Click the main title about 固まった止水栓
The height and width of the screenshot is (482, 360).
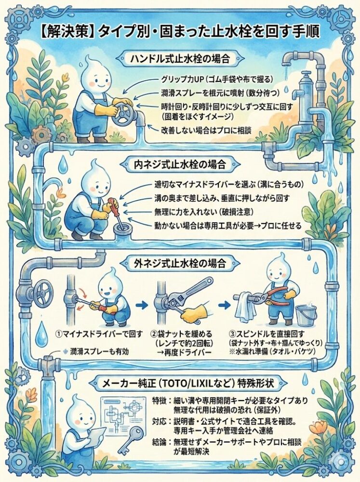pos(180,32)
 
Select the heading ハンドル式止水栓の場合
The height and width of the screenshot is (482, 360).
pos(179,59)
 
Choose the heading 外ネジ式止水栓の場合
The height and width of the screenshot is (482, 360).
pos(179,264)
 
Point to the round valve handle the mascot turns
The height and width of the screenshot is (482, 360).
pos(126,115)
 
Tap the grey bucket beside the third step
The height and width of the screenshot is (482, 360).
pos(306,315)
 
